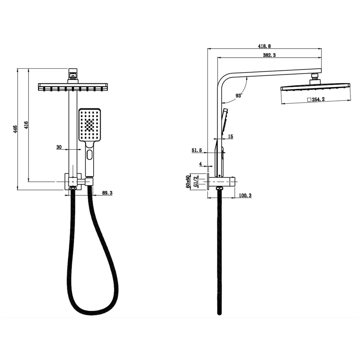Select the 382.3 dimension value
[269, 55]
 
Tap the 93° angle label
[239, 96]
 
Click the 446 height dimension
[15, 129]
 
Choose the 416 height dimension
[26, 125]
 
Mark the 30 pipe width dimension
[59, 147]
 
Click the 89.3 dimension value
[107, 193]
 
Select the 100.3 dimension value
[245, 195]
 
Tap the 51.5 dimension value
[197, 150]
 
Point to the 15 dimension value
[231, 137]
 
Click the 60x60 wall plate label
[188, 182]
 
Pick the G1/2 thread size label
[196, 182]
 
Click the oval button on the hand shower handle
[89, 155]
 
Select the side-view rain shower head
[315, 87]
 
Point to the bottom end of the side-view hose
[219, 313]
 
